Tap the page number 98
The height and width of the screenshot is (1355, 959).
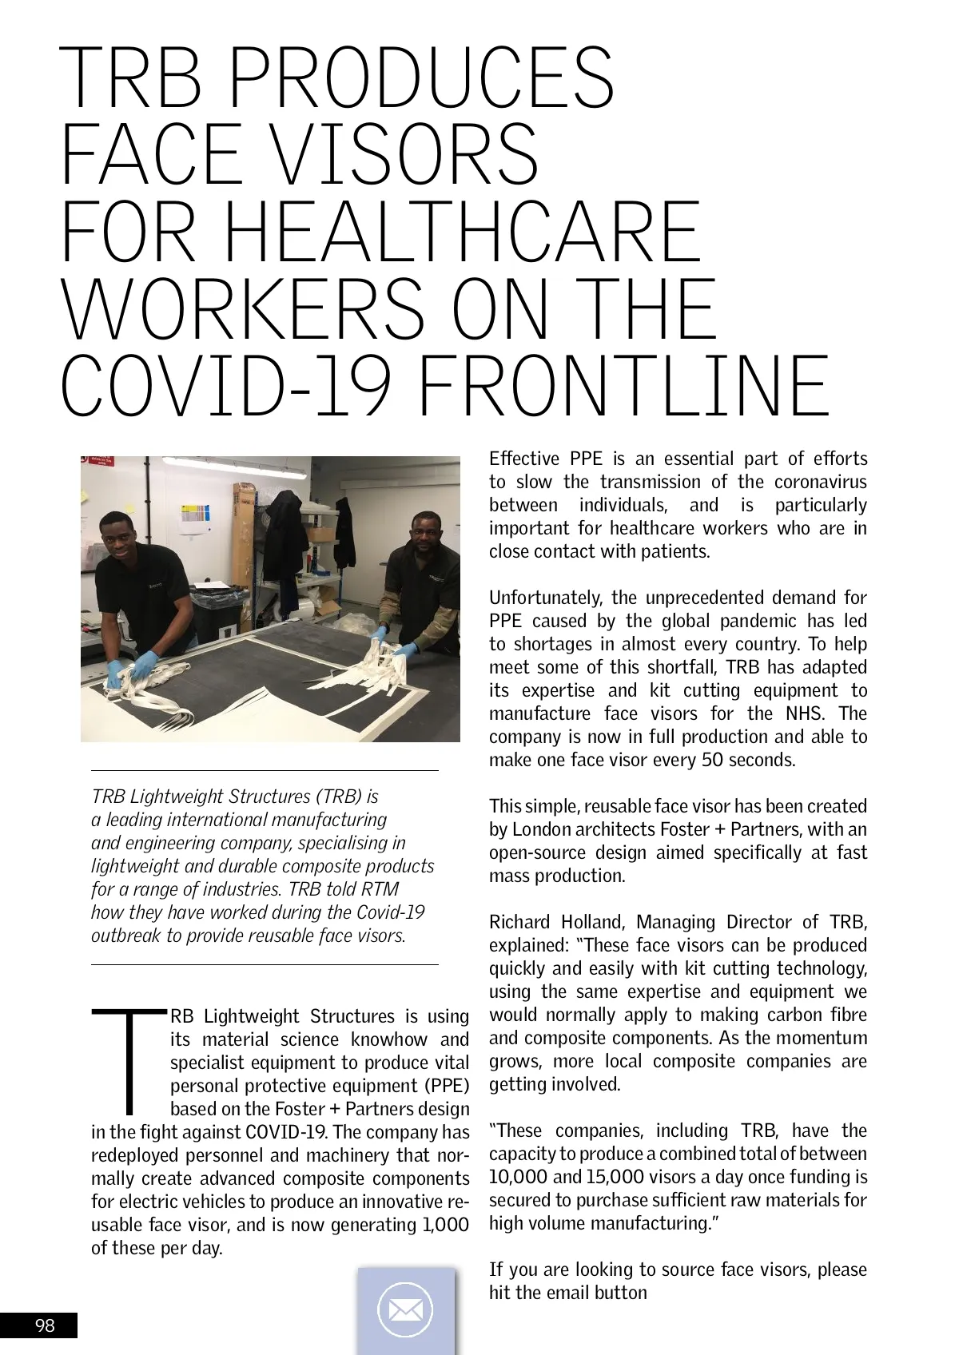click(45, 1325)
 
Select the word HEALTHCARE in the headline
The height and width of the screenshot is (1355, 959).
click(464, 232)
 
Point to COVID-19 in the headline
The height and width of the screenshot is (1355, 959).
click(226, 387)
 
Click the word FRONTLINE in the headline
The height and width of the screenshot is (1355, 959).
click(623, 387)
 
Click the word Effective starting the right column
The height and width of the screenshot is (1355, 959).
click(523, 459)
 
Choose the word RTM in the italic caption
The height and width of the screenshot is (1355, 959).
click(379, 889)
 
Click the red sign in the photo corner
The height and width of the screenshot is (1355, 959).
click(99, 463)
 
